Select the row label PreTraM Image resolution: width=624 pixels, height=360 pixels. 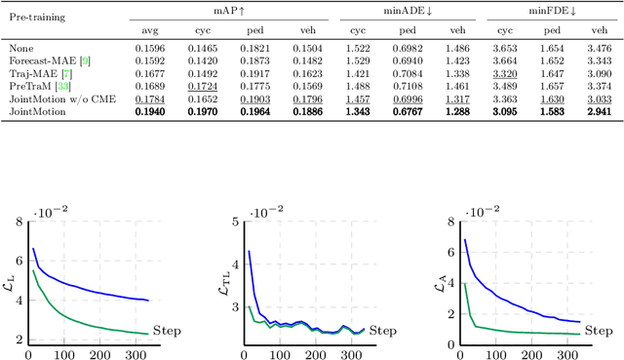pyautogui.click(x=35, y=86)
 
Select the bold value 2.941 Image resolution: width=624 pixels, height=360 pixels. pyautogui.click(x=600, y=112)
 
